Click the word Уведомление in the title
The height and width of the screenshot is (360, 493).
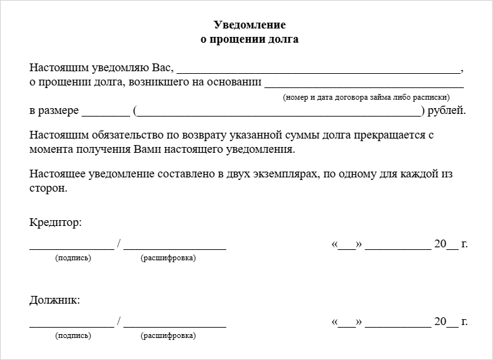(x=249, y=25)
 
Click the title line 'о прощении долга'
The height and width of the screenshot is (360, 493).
(x=249, y=39)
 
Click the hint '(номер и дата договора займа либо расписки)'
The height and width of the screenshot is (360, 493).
(x=366, y=97)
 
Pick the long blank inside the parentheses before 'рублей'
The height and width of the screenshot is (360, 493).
(x=278, y=113)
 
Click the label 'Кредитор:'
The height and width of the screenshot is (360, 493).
(x=56, y=223)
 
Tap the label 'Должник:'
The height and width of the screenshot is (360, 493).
(x=55, y=300)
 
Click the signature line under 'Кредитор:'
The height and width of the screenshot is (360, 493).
(x=71, y=247)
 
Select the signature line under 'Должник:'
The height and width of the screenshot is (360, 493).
(x=71, y=325)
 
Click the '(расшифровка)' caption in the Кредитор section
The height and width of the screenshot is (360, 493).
(x=168, y=258)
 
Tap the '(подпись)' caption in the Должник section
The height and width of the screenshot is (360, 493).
(x=74, y=336)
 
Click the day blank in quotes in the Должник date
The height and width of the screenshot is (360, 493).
(x=347, y=325)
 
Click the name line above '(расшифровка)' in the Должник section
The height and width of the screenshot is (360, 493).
(x=175, y=325)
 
